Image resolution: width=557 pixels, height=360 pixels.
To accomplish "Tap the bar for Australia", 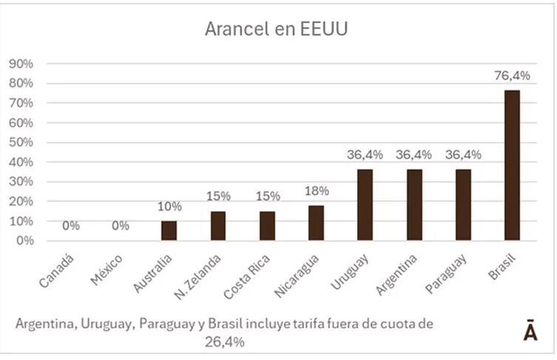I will coord(169,230).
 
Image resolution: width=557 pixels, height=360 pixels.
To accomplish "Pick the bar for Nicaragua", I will coord(316,223).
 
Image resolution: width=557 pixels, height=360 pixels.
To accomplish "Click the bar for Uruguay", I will coord(365,204).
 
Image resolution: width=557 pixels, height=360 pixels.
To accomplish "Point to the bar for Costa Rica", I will coord(267,225).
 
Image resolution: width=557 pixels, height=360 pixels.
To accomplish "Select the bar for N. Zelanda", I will coord(217,225).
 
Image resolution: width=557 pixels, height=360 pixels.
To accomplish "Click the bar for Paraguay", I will coord(463,204).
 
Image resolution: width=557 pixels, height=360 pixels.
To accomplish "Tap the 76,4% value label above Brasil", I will coord(512,75).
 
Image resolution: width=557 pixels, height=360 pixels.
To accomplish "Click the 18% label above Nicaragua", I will coord(316,191).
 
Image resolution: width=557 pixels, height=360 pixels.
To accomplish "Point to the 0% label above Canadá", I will coord(71,225).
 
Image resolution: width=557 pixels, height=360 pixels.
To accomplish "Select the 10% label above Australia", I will coord(169,206).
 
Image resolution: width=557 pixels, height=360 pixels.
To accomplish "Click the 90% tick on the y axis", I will coord(21,64).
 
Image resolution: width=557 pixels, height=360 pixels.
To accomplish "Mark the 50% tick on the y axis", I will coord(21,142).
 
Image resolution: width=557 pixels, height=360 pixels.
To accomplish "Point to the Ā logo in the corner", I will coord(530,331).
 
